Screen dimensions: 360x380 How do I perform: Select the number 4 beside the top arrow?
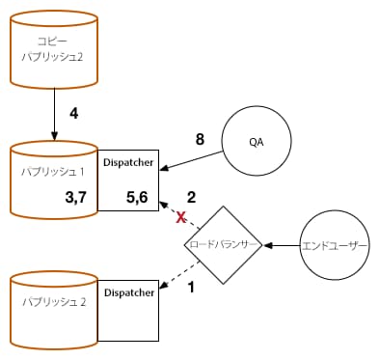pyautogui.click(x=74, y=114)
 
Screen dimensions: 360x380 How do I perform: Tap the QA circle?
pyautogui.click(x=256, y=143)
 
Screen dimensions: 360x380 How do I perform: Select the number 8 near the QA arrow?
pyautogui.click(x=200, y=140)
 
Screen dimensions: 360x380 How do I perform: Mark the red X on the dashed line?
pyautogui.click(x=179, y=218)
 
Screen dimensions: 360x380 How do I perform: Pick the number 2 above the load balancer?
pyautogui.click(x=191, y=198)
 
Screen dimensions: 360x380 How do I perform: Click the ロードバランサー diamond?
pyautogui.click(x=223, y=245)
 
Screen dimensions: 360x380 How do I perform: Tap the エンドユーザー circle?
pyautogui.click(x=336, y=245)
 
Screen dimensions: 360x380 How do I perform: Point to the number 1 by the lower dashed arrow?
pyautogui.click(x=191, y=288)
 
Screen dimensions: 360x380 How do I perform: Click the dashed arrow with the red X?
pyautogui.click(x=174, y=212)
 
